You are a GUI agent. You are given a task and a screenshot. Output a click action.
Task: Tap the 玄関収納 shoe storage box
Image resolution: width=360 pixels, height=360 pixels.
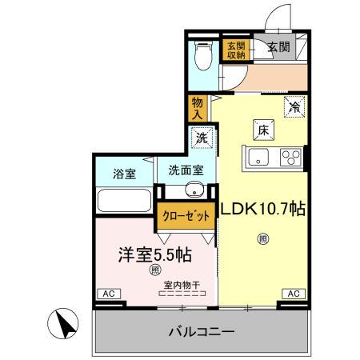[236, 50]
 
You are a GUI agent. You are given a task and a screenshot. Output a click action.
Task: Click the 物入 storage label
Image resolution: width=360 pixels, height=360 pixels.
[198, 106]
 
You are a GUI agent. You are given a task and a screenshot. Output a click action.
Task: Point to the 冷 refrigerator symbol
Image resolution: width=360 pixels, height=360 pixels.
[294, 105]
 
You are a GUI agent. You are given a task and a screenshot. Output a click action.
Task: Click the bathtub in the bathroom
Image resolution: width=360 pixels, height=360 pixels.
[124, 200]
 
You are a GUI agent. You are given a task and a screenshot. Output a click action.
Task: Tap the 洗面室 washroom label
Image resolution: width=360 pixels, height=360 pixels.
[186, 170]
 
